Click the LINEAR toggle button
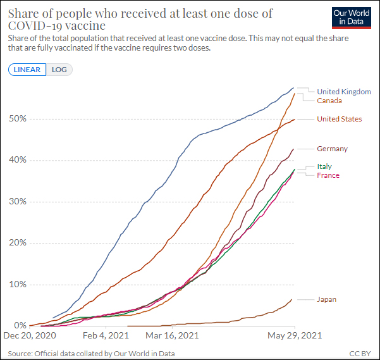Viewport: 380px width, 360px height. [x=27, y=70]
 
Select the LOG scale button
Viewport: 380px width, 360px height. [x=59, y=70]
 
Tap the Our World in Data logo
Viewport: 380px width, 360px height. [x=351, y=17]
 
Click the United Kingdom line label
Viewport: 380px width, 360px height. [x=343, y=92]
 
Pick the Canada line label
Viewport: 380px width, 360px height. [x=329, y=101]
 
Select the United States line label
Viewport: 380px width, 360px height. [x=339, y=119]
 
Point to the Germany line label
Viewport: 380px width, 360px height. [x=332, y=149]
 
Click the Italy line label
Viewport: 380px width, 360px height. [x=324, y=166]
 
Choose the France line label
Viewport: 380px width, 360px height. [x=328, y=175]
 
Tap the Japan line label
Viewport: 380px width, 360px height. [x=327, y=299]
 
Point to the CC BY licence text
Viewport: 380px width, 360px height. [x=360, y=353]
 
